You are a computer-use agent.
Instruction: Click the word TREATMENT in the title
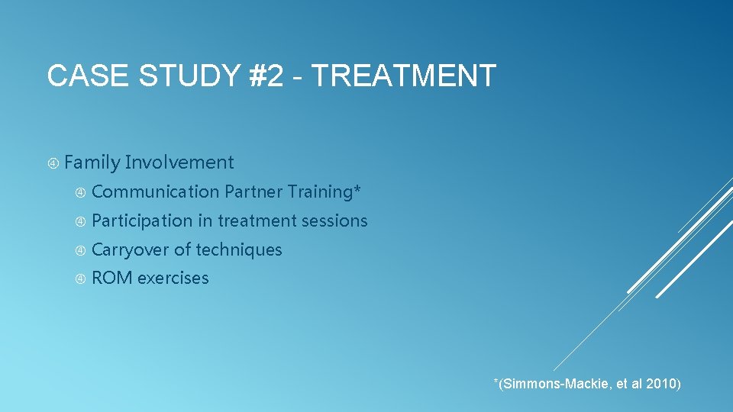[x=404, y=76]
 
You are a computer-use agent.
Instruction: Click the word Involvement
[x=179, y=163]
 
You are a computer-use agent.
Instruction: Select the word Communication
[x=155, y=192]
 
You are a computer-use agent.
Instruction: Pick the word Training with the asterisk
[x=325, y=192]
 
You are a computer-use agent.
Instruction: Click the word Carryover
[x=130, y=250]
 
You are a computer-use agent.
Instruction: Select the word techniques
[x=239, y=250]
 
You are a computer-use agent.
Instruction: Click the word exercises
[x=173, y=278]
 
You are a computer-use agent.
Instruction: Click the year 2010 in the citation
[x=660, y=384]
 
